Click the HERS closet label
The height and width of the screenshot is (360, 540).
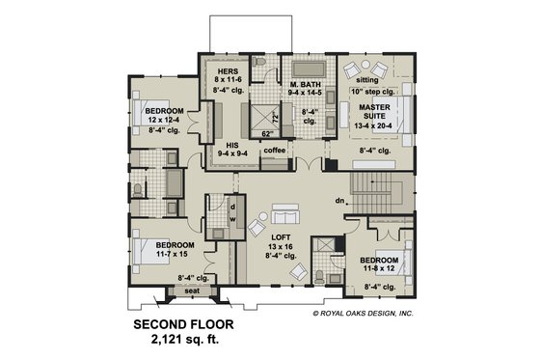(227, 70)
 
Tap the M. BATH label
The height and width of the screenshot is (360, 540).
(305, 86)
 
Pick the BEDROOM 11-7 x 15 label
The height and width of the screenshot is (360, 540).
(173, 246)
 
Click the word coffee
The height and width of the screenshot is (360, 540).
(274, 150)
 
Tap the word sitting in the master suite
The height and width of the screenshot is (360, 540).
(366, 81)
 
